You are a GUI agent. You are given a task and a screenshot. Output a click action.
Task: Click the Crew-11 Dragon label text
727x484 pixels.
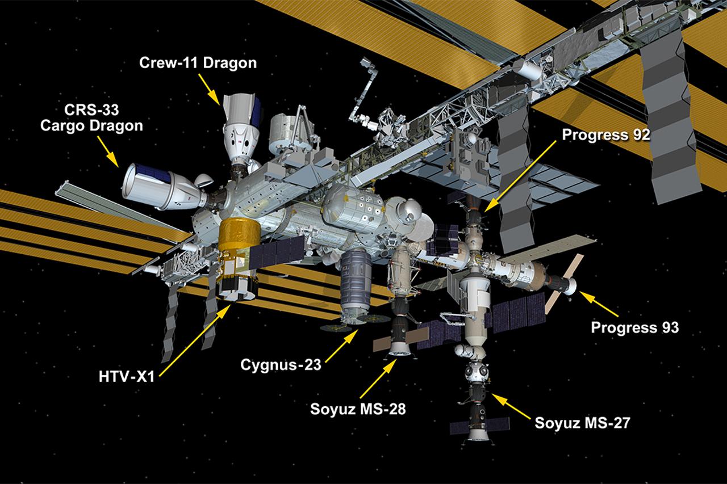(198, 64)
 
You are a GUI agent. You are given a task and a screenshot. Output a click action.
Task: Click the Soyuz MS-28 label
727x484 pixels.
(358, 409)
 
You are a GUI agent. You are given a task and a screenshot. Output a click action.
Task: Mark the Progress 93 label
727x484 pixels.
(634, 327)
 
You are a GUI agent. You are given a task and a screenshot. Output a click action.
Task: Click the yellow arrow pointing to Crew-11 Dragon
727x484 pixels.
(212, 90)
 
